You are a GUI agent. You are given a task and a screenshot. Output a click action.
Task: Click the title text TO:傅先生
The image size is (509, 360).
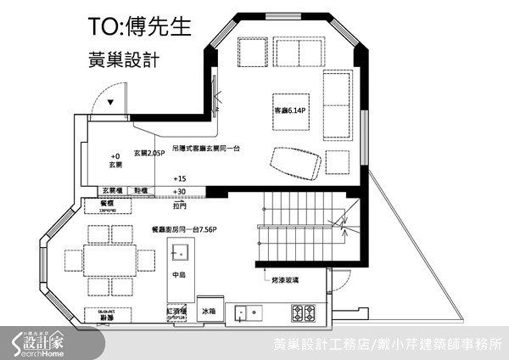[141, 27]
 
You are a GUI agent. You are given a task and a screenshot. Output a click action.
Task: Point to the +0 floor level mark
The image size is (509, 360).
[116, 156]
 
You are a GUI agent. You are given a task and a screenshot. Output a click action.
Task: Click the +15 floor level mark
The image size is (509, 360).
[179, 179]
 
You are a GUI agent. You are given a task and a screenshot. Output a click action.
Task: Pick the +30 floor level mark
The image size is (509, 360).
[179, 192]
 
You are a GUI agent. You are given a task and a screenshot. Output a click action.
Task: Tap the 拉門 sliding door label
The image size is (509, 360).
[179, 205]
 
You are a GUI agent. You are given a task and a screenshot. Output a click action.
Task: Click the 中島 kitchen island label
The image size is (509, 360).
[178, 274]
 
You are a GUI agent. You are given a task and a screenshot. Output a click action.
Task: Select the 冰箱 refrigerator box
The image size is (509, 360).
[209, 312]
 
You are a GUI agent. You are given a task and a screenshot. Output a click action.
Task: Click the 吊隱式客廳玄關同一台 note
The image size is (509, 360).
[206, 148]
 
